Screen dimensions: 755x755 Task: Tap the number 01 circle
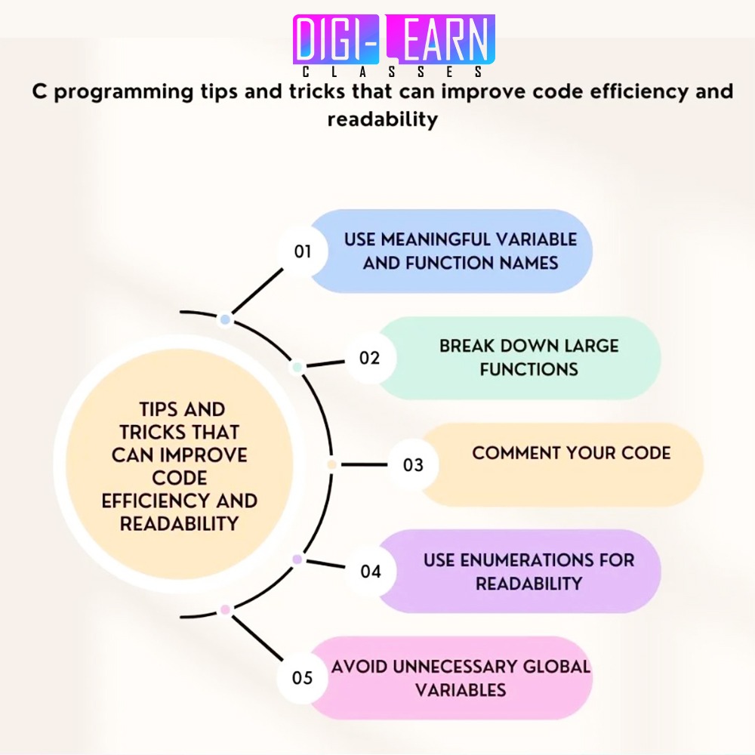303,251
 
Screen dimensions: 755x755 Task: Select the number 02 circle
369,358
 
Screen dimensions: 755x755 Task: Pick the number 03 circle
413,464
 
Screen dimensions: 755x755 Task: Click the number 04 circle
370,572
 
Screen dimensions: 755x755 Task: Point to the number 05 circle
302,678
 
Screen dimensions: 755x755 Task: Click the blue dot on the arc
224,320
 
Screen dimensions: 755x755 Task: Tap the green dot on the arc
297,368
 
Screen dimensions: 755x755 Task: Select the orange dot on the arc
331,464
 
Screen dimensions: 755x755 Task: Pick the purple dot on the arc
297,559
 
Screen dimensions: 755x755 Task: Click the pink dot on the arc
224,609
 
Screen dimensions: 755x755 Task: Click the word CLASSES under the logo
393,72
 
